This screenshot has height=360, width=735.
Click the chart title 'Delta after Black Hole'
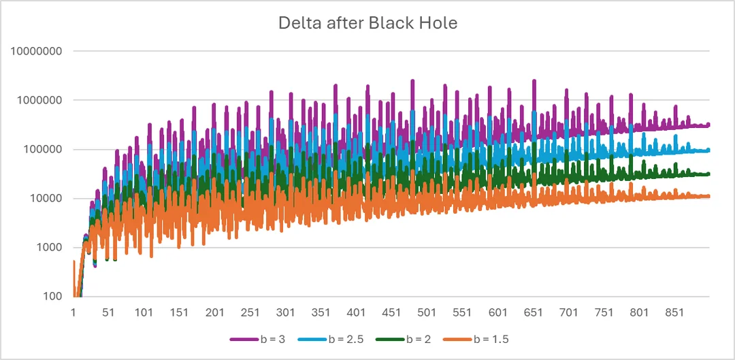pyautogui.click(x=367, y=22)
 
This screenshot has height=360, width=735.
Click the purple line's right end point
pyautogui.click(x=708, y=125)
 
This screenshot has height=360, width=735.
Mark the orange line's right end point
pyautogui.click(x=708, y=196)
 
